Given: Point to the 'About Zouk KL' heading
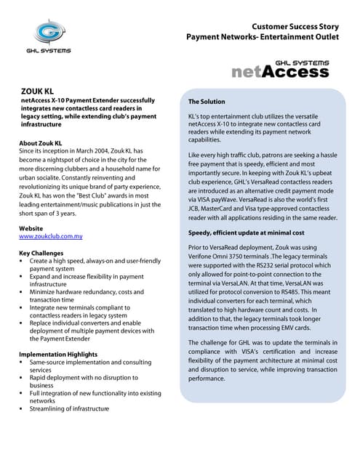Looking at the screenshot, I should click(x=40, y=143).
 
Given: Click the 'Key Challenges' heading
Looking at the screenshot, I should click(x=44, y=253).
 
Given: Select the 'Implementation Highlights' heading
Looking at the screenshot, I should click(x=62, y=354).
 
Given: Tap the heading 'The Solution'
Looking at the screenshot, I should click(x=207, y=102).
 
